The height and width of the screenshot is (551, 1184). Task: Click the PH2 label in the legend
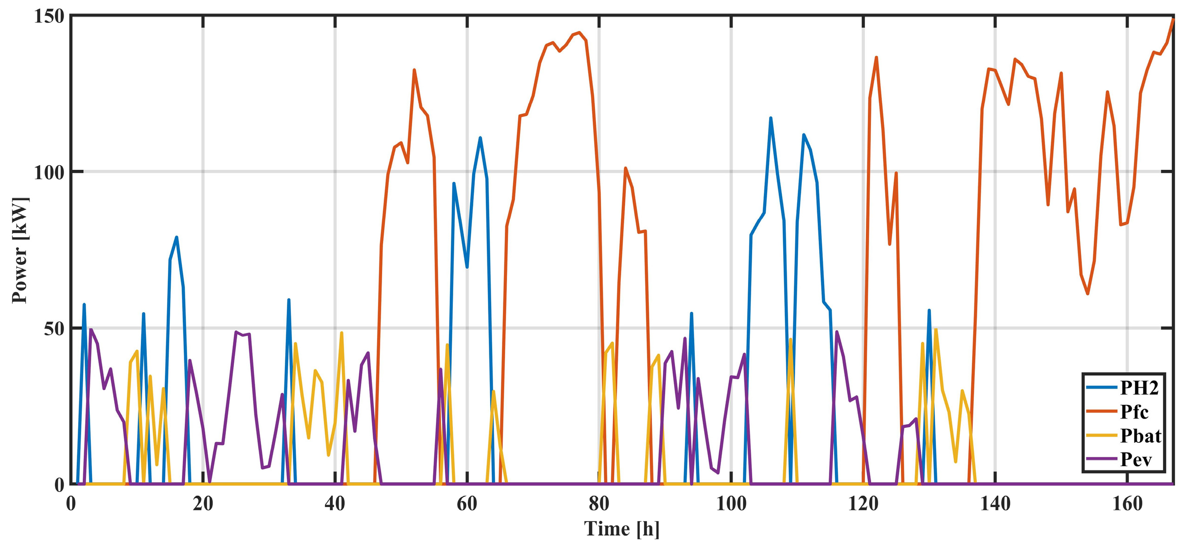1139,388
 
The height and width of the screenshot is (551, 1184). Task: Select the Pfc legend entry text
1134,412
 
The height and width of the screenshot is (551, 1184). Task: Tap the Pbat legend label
1140,436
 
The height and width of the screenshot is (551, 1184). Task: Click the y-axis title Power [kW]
20,250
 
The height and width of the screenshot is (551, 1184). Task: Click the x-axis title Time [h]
622,529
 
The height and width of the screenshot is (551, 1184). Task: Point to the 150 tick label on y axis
48,17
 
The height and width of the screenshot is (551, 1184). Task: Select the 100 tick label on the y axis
48,172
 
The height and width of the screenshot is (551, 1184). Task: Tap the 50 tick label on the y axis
53,329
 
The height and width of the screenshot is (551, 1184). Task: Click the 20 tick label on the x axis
203,504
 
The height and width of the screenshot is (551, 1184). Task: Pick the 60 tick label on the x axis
467,504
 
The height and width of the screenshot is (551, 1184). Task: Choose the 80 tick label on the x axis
599,504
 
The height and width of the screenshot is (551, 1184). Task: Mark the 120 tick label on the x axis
863,504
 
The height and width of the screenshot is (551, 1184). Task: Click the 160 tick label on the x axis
1127,504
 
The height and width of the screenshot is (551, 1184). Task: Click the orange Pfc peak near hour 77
579,33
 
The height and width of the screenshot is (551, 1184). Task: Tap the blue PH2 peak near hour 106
770,118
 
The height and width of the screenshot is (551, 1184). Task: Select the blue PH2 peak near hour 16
176,237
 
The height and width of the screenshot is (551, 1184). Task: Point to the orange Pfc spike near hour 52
414,70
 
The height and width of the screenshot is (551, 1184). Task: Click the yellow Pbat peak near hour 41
341,333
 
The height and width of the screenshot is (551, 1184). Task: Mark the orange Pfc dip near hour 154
1088,294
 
